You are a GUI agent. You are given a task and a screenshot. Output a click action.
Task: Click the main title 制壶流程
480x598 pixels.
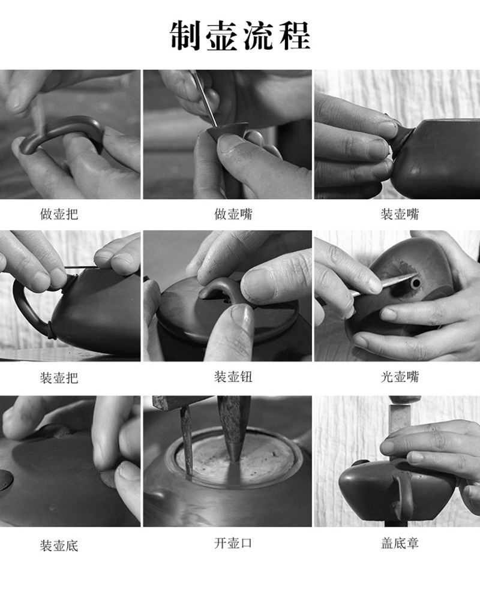pyautogui.click(x=239, y=35)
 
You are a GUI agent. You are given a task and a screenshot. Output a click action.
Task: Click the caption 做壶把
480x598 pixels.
pyautogui.click(x=59, y=214)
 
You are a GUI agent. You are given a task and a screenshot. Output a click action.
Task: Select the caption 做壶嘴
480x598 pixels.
pyautogui.click(x=233, y=214)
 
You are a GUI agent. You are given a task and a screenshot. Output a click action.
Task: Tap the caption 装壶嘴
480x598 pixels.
pyautogui.click(x=400, y=214)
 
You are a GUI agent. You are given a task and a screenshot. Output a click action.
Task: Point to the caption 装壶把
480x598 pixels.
pyautogui.click(x=59, y=377)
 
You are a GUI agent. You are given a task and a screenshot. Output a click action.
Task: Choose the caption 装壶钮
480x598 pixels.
pyautogui.click(x=233, y=377)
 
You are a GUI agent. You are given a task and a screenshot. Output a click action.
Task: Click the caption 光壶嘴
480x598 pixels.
pyautogui.click(x=400, y=377)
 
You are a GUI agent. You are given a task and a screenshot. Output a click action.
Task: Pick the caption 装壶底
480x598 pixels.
pyautogui.click(x=59, y=545)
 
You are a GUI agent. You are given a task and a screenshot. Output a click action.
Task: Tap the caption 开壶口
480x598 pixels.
pyautogui.click(x=233, y=543)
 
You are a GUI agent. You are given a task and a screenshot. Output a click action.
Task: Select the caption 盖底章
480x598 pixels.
pyautogui.click(x=400, y=543)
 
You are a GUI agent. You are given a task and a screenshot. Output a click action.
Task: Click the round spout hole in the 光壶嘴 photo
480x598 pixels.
pyautogui.click(x=415, y=283)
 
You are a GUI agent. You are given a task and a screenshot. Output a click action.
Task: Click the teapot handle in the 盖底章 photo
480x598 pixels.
pyautogui.click(x=404, y=492)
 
